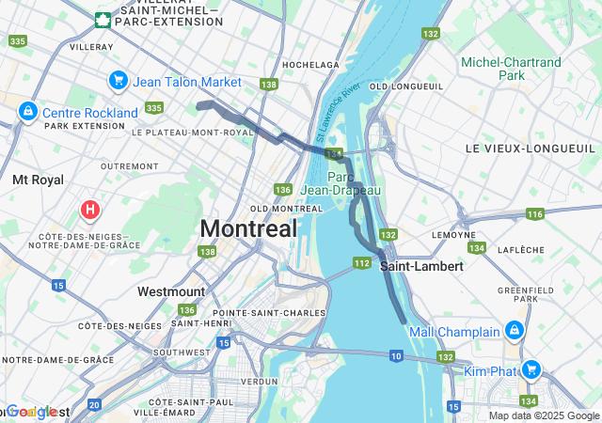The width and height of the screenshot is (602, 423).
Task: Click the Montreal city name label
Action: pos(248,228)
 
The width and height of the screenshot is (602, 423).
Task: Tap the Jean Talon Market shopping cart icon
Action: pos(118,82)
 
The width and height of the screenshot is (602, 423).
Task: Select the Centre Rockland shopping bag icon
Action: pos(27,113)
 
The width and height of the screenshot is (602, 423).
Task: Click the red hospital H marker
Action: pos(90,209)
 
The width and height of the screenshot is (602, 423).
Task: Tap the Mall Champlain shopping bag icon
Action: pos(515,331)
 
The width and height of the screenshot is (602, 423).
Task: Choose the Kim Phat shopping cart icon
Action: pos(531,370)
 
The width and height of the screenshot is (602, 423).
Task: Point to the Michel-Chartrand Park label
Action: pos(511,69)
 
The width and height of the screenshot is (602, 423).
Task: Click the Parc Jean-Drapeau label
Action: pos(354,183)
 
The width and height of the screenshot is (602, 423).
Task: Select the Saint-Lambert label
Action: pos(422,266)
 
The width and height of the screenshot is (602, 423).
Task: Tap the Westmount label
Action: pos(170,291)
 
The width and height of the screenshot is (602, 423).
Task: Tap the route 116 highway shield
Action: pos(535,215)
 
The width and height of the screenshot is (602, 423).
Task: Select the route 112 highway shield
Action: pos(362,263)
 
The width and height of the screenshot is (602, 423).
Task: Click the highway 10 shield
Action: pos(397,355)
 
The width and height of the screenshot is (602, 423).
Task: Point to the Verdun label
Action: pos(259,382)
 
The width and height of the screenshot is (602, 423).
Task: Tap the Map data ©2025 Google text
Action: pos(544,415)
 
